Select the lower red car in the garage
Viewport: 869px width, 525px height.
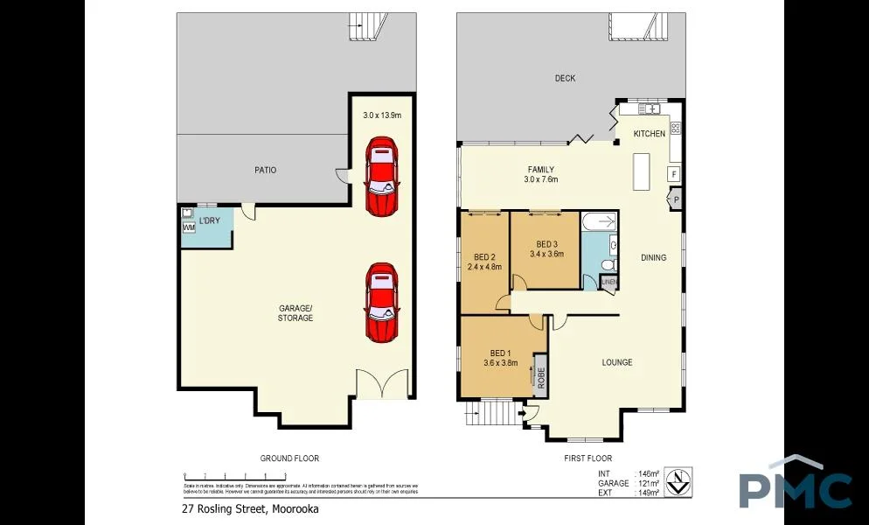[x=381, y=302]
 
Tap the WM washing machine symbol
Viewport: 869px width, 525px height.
[x=189, y=228]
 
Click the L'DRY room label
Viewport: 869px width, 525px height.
[x=210, y=220]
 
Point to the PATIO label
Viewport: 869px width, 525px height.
[x=265, y=170]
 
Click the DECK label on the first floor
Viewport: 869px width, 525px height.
[x=565, y=79]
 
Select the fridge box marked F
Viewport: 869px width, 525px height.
[x=674, y=174]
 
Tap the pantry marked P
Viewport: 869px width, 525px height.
[x=675, y=200]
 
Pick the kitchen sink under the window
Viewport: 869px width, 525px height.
[x=650, y=108]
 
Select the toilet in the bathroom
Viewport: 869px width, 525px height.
[x=611, y=263]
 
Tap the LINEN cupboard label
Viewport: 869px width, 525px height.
[x=608, y=282]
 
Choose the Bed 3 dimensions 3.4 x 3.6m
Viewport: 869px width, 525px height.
[x=546, y=254]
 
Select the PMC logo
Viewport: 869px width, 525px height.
[x=795, y=486]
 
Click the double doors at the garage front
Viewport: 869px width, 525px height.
[x=383, y=384]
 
